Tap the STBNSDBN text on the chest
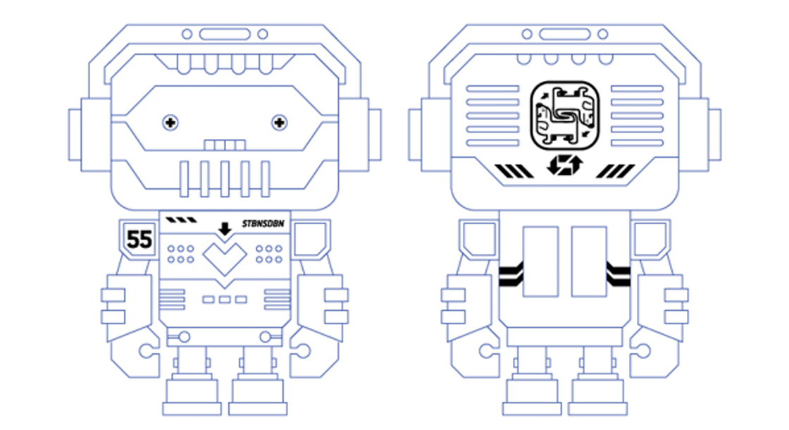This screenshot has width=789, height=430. pos(263,223)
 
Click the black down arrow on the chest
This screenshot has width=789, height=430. pos(225,229)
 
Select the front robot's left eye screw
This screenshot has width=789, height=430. pos(170,123)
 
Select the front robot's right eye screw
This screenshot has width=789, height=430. pos(279,123)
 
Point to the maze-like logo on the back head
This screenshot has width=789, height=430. pos(564,116)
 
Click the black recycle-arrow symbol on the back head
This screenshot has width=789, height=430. pos(564,165)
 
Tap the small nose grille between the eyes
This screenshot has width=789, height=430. pos(225,145)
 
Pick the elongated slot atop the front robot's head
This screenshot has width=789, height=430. pos(225,35)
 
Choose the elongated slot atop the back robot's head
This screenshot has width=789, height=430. pos(564,35)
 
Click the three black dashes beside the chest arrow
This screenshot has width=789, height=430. pos(182,220)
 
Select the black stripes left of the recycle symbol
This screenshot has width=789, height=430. pos(514,171)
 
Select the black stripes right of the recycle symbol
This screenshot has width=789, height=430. pos(616,171)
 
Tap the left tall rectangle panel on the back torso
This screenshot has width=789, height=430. pos(540,262)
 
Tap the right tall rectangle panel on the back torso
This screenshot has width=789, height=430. pos(589,262)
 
